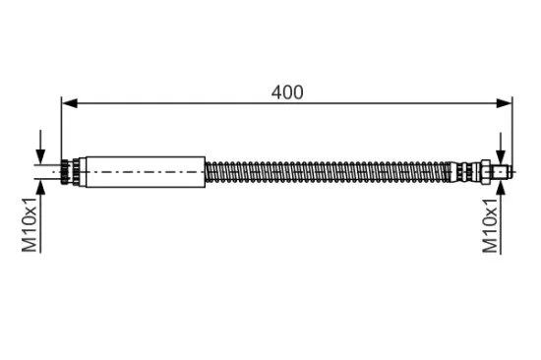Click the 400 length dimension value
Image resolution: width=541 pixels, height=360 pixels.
[x=287, y=92]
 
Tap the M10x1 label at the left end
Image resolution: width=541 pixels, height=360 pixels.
[x=30, y=224]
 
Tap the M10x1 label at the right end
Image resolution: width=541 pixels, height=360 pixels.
[x=490, y=225]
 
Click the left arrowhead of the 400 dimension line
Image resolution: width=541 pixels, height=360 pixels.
[x=70, y=103]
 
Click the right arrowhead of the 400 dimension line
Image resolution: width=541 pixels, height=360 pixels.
[x=504, y=103]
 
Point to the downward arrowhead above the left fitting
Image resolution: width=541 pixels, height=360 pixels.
[x=40, y=156]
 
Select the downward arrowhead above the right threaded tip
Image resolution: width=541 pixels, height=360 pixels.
[x=501, y=158]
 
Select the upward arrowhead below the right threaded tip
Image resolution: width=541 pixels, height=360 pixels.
[x=501, y=186]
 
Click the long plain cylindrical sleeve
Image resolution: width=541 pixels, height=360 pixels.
[x=146, y=172]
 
